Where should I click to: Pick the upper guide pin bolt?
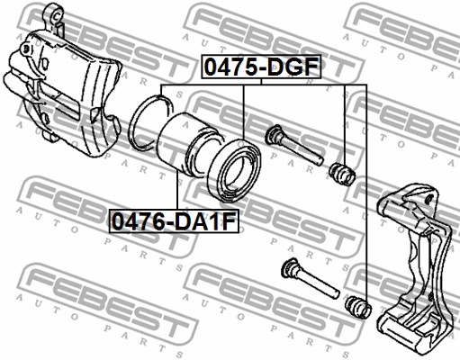point(296,147)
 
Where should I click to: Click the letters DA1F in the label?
point(205,218)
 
